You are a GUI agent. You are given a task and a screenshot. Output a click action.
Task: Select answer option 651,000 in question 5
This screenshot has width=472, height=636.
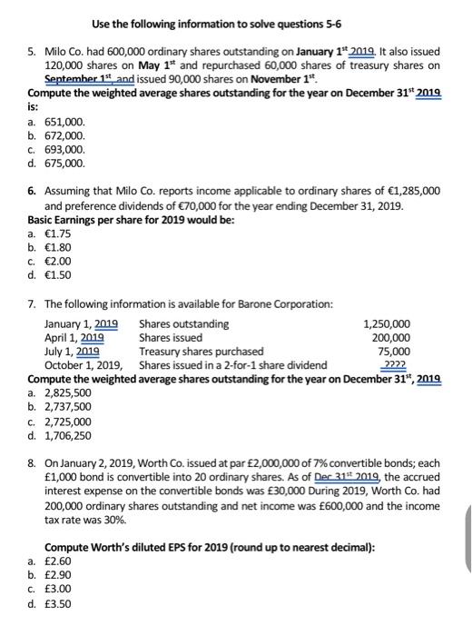66,120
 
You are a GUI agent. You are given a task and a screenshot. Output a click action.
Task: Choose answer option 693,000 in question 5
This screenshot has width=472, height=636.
66,149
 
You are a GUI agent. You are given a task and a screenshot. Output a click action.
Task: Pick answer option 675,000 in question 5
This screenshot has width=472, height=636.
66,164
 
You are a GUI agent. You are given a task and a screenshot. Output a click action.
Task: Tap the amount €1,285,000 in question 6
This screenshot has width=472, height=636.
413,192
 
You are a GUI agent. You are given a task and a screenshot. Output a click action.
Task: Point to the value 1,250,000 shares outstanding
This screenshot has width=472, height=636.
386,323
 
